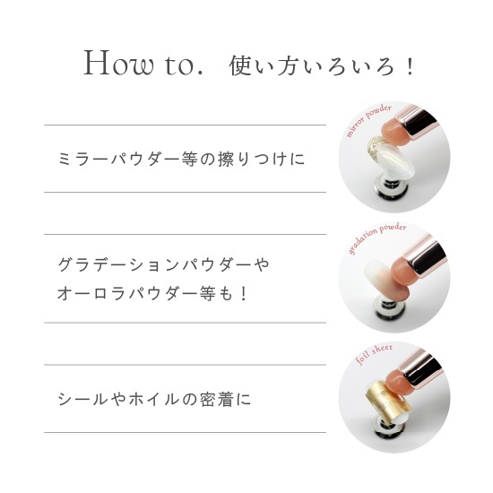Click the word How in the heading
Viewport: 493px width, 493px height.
[x=119, y=64]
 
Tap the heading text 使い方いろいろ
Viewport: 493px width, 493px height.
[x=312, y=66]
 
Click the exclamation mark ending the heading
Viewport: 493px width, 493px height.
[x=410, y=66]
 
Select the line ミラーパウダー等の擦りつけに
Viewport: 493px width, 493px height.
[x=181, y=159]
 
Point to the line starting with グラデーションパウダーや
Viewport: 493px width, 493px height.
[x=164, y=264]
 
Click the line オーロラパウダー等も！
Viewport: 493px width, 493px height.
[x=153, y=294]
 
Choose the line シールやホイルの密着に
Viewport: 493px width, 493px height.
[x=154, y=399]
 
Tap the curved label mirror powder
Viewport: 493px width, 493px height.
[x=368, y=120]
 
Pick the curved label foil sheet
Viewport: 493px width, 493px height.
[x=374, y=354]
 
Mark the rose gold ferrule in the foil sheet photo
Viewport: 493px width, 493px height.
[x=420, y=366]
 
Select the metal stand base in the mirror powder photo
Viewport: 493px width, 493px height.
[x=391, y=188]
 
